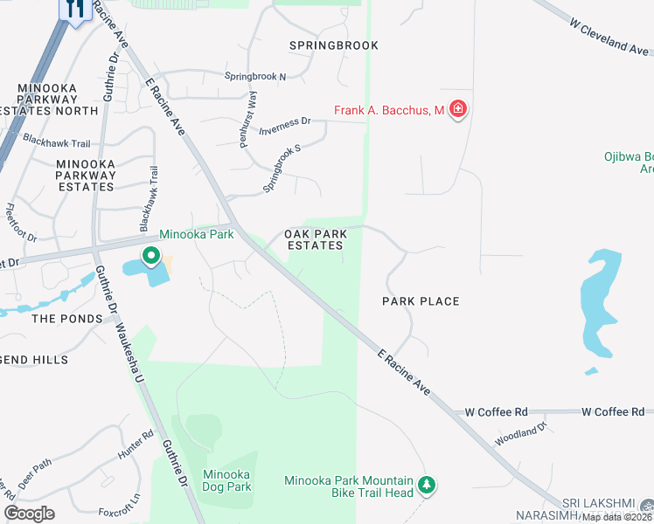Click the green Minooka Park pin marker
click(150, 257)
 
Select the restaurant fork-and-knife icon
click(75, 10)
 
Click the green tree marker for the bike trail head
click(427, 484)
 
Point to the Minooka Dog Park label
click(226, 481)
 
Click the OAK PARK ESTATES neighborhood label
click(316, 240)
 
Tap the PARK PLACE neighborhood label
click(421, 301)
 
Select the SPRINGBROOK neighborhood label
click(335, 45)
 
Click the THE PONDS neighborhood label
click(67, 319)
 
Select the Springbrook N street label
click(255, 77)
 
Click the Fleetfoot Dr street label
click(21, 223)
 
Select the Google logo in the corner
click(30, 514)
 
